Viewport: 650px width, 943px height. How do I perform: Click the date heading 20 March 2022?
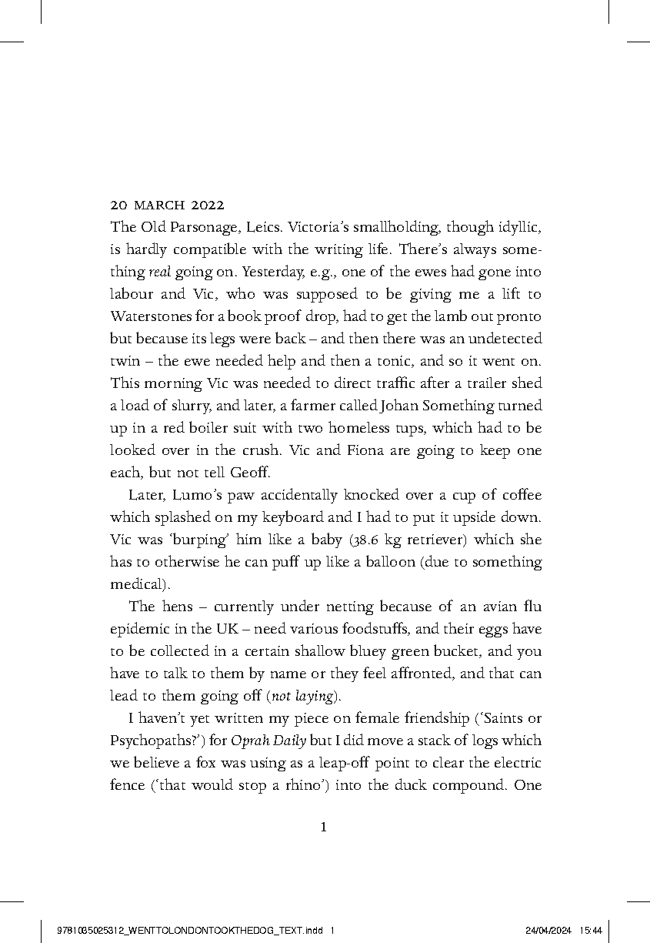click(x=167, y=206)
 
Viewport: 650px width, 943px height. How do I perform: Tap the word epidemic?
click(x=138, y=628)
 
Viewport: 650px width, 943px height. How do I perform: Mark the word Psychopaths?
click(x=149, y=741)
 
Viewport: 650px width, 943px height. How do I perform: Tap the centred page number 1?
click(x=324, y=828)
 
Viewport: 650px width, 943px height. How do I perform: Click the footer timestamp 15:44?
click(x=590, y=930)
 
